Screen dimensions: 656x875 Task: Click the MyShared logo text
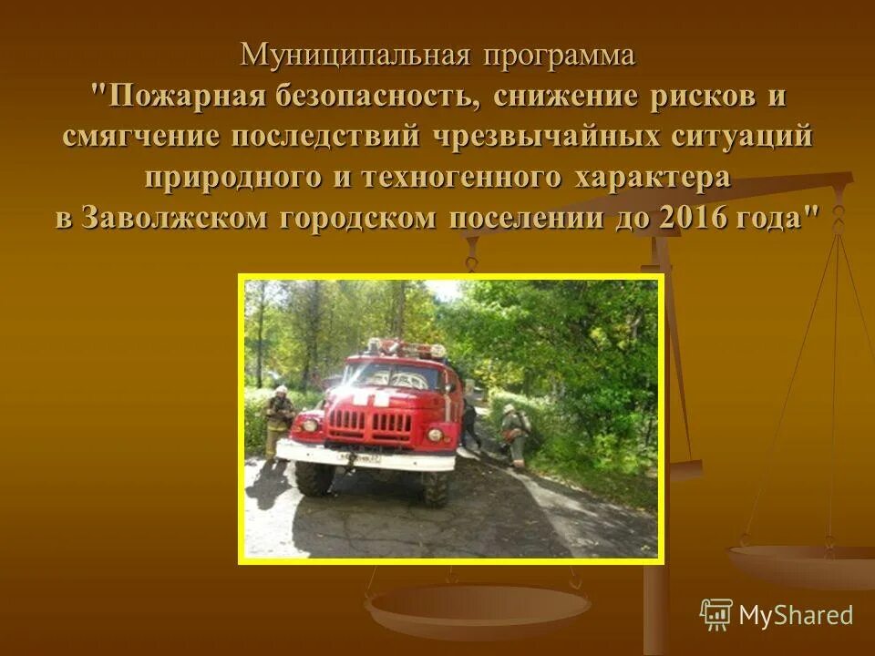click(795, 615)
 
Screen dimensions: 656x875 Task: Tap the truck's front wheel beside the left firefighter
click(314, 477)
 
